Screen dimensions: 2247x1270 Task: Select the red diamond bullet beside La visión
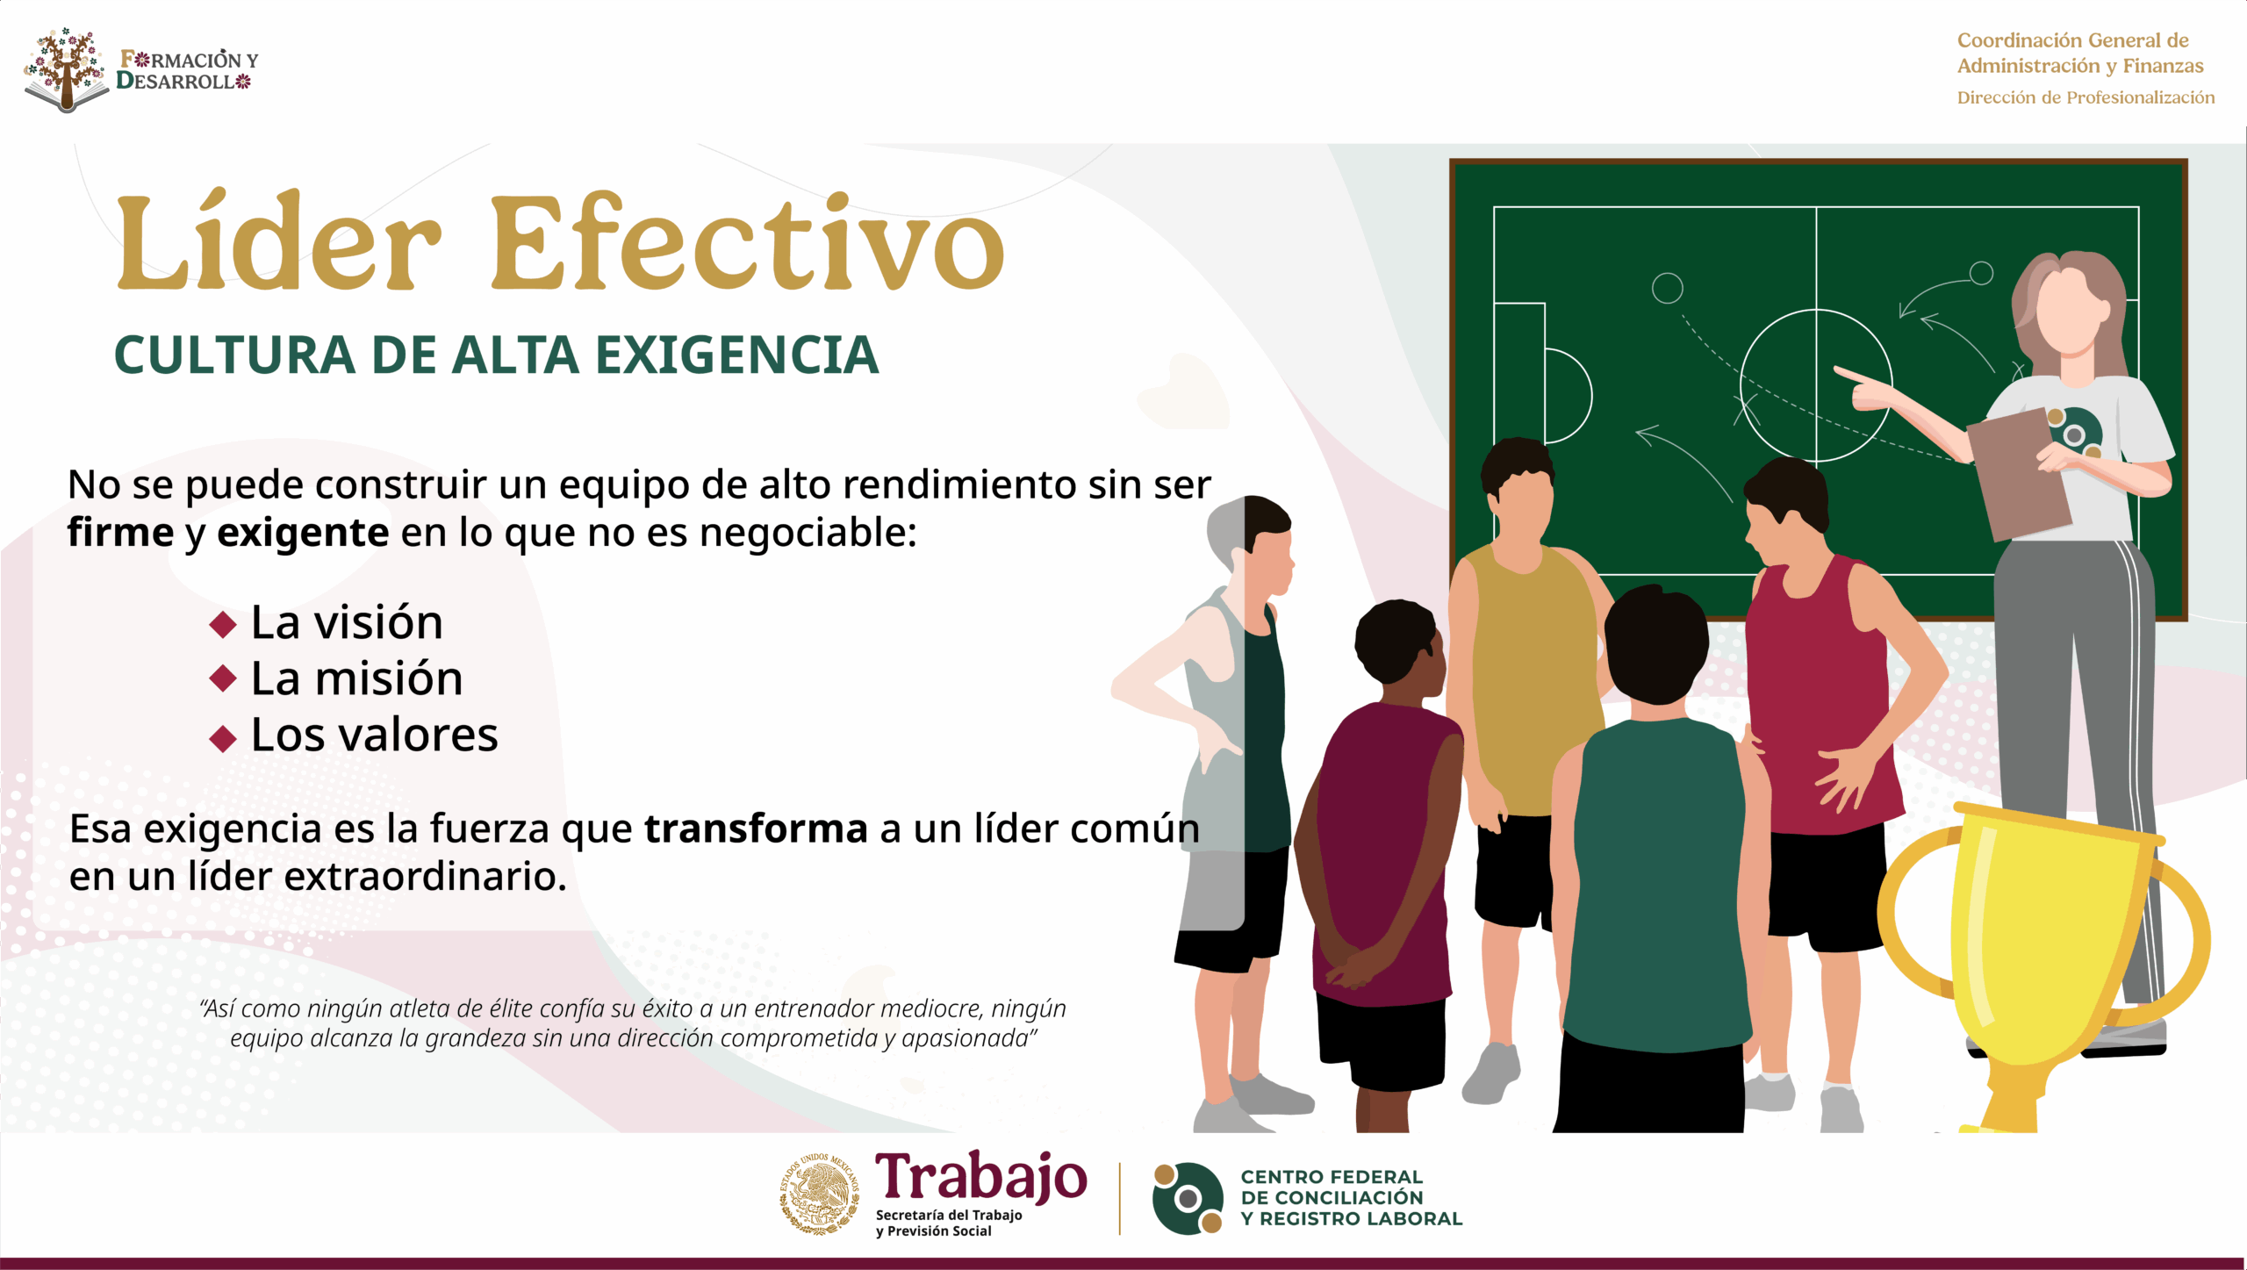(x=223, y=625)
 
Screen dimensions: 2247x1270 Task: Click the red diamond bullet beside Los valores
(x=223, y=738)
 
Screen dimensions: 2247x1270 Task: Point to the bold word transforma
(x=756, y=829)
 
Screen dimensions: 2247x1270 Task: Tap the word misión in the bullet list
(x=388, y=678)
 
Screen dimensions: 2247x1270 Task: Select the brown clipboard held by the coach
(x=2019, y=474)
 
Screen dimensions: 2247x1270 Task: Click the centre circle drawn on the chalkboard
(x=1815, y=385)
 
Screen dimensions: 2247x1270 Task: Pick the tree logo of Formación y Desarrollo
(x=66, y=70)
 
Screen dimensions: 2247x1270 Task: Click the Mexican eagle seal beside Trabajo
(x=820, y=1194)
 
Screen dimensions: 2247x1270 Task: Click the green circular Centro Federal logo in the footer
(x=1188, y=1198)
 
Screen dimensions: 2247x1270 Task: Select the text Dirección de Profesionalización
(x=2085, y=97)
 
